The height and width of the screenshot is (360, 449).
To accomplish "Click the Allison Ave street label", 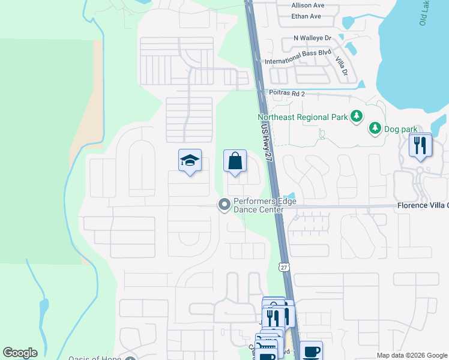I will point(307,5).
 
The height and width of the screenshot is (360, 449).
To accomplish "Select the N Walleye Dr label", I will point(312,38).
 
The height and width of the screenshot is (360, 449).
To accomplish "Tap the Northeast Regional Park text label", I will point(303,117).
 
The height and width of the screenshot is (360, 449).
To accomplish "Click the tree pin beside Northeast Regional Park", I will point(357,116).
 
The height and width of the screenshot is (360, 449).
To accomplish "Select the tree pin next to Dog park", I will point(375,128).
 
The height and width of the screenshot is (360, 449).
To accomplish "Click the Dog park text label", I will point(401,128).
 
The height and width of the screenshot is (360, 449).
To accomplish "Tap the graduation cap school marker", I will point(190,161).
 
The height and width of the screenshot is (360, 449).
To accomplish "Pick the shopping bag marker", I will point(235,161).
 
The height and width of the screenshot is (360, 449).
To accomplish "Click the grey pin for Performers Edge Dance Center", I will point(224,205).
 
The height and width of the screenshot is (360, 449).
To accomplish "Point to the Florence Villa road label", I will point(423,205).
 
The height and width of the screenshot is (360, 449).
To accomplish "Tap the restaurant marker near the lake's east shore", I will point(420,145).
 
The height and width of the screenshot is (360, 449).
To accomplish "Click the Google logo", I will point(20,353).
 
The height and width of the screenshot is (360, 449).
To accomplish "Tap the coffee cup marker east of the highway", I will point(311,351).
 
